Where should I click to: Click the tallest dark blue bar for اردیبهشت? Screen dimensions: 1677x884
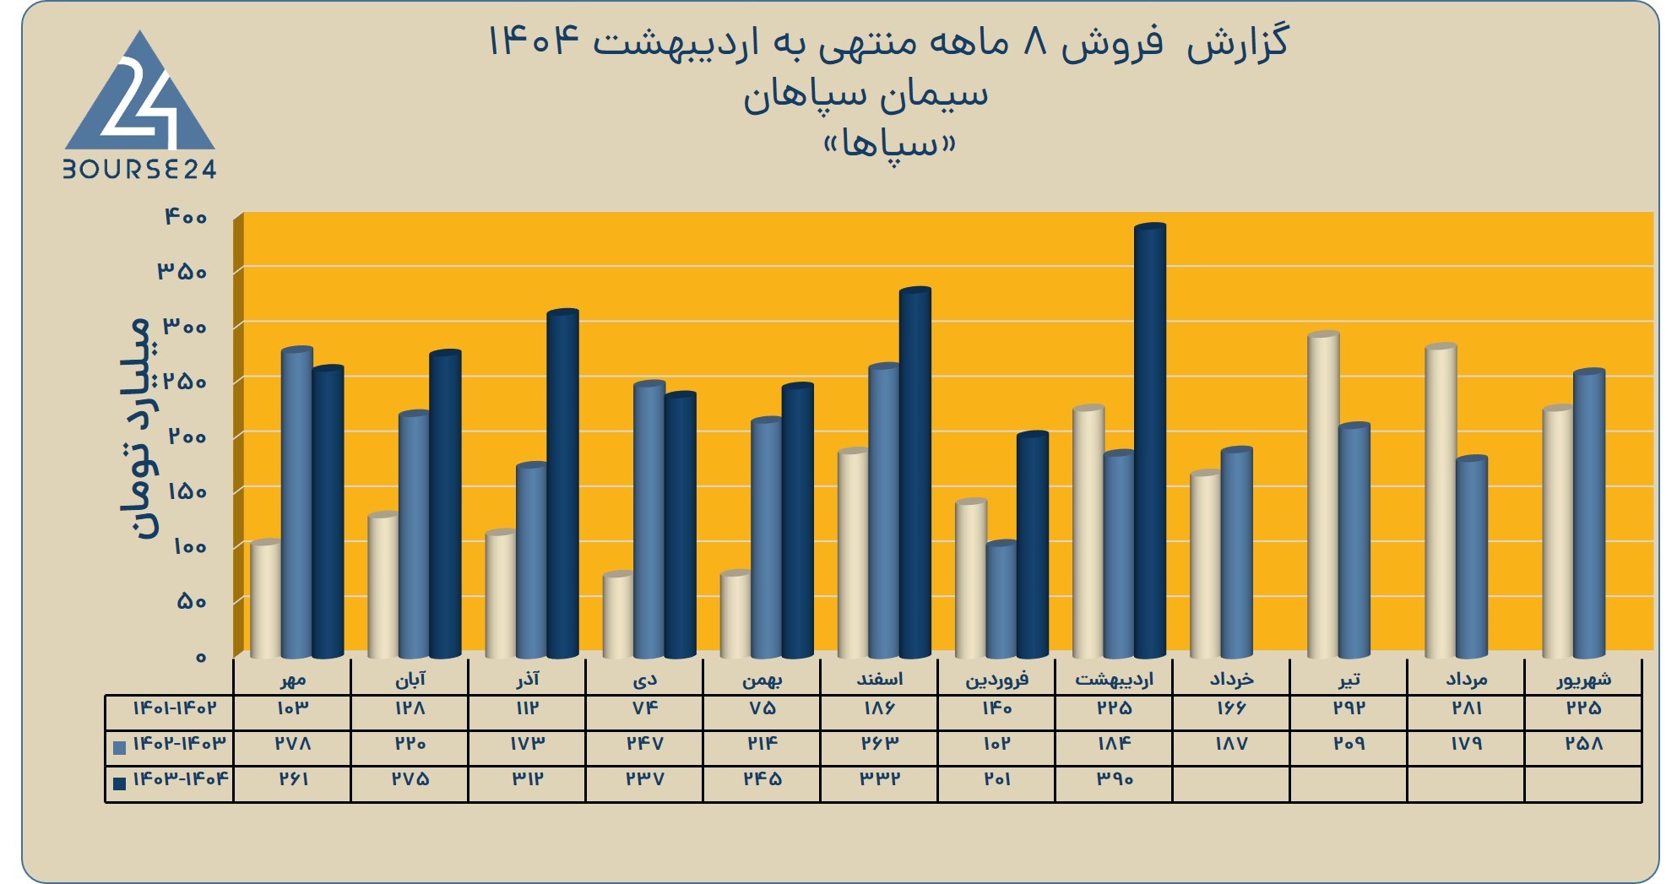tap(1150, 441)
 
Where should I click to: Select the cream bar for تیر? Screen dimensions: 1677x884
tap(1323, 495)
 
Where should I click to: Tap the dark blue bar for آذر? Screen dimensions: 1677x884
tap(563, 484)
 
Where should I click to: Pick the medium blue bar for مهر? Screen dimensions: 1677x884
tap(297, 502)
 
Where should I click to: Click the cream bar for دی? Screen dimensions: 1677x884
tap(618, 616)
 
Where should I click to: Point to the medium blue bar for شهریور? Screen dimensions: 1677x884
tap(1589, 513)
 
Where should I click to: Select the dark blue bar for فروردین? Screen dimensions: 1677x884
tap(1033, 545)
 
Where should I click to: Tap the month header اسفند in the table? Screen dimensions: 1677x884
tap(879, 679)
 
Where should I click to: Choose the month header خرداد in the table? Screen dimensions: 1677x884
tap(1231, 679)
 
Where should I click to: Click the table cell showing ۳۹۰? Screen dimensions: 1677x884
tap(1114, 779)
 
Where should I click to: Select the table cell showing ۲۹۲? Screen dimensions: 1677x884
tap(1349, 708)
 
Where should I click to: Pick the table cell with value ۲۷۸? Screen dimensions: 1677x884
tap(292, 744)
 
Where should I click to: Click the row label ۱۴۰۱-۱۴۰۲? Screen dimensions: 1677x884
tap(174, 708)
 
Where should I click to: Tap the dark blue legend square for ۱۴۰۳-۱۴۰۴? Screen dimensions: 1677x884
tap(119, 783)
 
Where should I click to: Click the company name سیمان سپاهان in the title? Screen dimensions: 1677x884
tap(866, 95)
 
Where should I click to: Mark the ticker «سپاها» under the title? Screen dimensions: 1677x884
tap(889, 144)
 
